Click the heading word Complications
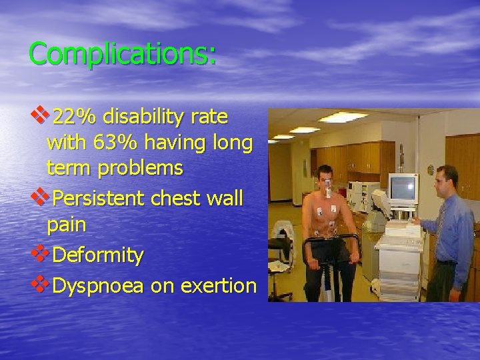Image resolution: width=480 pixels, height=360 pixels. (122, 54)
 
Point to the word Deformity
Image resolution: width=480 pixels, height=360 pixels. (97, 255)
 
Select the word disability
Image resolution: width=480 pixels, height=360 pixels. (142, 118)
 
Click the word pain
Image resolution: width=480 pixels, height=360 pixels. (66, 225)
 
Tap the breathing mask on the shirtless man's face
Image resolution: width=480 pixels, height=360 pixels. (328, 191)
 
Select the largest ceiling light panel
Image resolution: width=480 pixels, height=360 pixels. (342, 117)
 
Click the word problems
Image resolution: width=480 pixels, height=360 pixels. (139, 169)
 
